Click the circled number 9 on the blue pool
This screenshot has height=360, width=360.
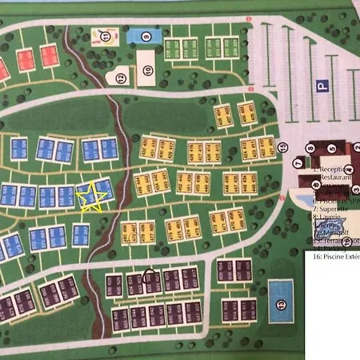146,35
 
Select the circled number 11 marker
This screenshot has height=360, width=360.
105,35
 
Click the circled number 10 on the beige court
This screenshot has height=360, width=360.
148,70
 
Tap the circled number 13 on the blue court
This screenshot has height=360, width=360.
281,304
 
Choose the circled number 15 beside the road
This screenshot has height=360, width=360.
283,146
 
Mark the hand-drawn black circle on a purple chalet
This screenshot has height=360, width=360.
151,278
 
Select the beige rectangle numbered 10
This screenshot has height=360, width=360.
146,63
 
